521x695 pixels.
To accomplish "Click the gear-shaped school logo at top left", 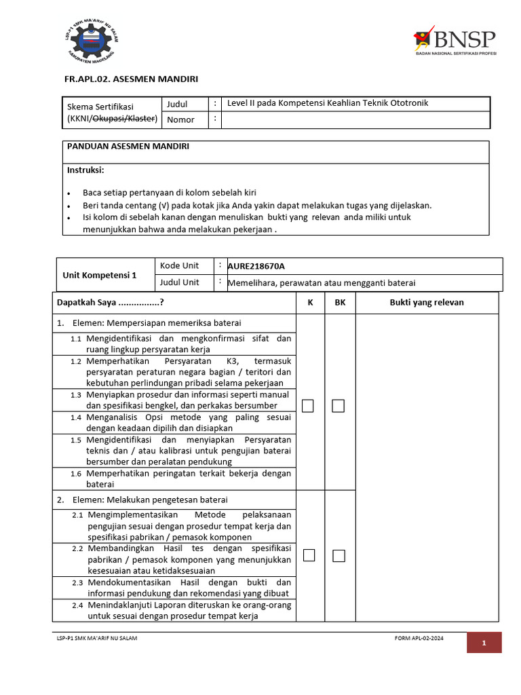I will pos(92,41).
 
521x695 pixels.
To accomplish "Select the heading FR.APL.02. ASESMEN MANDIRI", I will pos(131,79).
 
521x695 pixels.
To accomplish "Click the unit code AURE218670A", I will pos(256,266).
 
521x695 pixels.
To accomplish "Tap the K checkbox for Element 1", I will pos(309,406).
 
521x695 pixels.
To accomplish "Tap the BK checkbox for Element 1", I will pos(338,406).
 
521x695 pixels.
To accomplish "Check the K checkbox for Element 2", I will pos(309,555).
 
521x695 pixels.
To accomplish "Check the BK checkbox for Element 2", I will pos(338,555).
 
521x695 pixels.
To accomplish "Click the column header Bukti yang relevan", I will pos(426,302).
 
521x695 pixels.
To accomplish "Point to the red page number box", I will pos(484,642).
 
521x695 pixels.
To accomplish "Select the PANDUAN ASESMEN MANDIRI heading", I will pos(128,147).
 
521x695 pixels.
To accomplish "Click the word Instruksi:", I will pos(85,170).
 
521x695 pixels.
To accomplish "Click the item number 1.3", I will pos(75,395).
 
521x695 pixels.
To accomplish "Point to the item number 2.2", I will pos(78,548).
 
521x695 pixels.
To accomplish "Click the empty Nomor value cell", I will pos(355,120).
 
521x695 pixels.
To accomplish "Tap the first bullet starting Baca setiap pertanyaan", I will pos(169,192).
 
